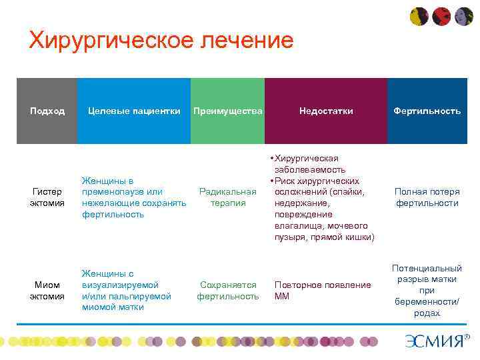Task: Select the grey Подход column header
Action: coord(47,111)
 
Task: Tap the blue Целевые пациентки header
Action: coord(134,111)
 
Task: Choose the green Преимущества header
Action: coord(227,111)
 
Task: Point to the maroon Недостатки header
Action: coord(326,111)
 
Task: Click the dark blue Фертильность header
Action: coord(427,111)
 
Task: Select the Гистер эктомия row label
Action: coord(47,197)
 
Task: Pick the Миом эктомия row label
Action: coord(47,291)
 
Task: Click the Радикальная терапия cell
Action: coord(228,197)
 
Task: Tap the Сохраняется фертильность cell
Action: coord(228,291)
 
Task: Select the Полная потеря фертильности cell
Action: coord(427,197)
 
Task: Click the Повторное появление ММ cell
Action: coord(322,291)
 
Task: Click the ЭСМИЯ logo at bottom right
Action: coord(437,341)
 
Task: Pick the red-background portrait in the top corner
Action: coord(441,16)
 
